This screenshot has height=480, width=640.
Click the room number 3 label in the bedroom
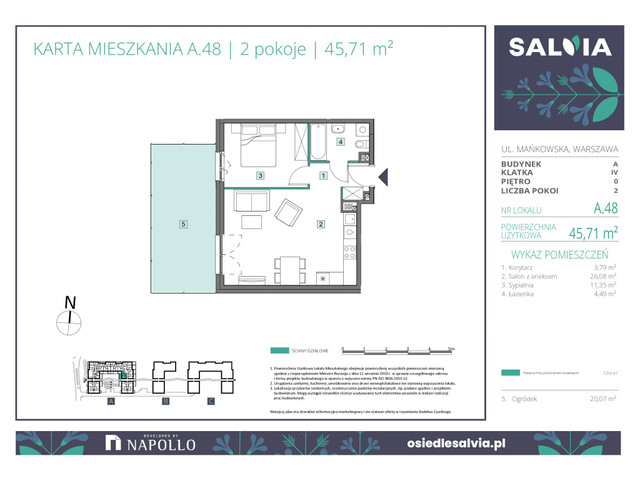tap(260, 176)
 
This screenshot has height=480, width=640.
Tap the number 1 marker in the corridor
tap(322, 176)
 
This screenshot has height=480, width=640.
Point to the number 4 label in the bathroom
tap(341, 142)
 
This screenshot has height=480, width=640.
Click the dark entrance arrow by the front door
tap(381, 176)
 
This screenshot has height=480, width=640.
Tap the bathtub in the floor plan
tap(318, 140)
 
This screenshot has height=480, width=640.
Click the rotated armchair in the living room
tap(289, 213)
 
